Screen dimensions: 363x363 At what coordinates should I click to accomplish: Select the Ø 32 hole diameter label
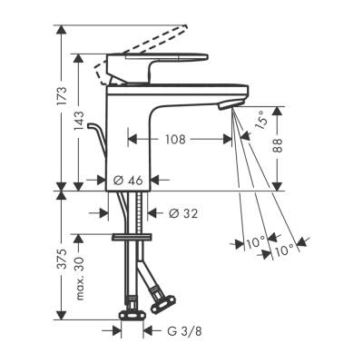186,213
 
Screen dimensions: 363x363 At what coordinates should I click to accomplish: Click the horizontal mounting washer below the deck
132,237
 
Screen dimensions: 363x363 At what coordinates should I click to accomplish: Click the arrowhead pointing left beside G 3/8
148,332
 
